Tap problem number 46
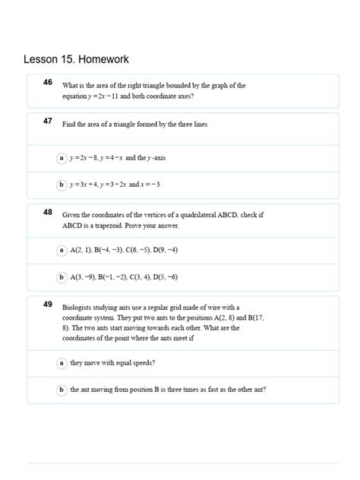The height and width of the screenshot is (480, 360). [48, 82]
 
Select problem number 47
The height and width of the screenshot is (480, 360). [48, 121]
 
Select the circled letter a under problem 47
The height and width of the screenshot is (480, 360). [62, 158]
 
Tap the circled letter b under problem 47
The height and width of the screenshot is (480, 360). [62, 185]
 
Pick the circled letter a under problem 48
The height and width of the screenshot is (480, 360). [62, 250]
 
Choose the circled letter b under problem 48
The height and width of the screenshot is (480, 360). [62, 277]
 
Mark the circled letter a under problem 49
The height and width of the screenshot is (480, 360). [62, 364]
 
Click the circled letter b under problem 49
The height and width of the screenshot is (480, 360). [62, 390]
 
